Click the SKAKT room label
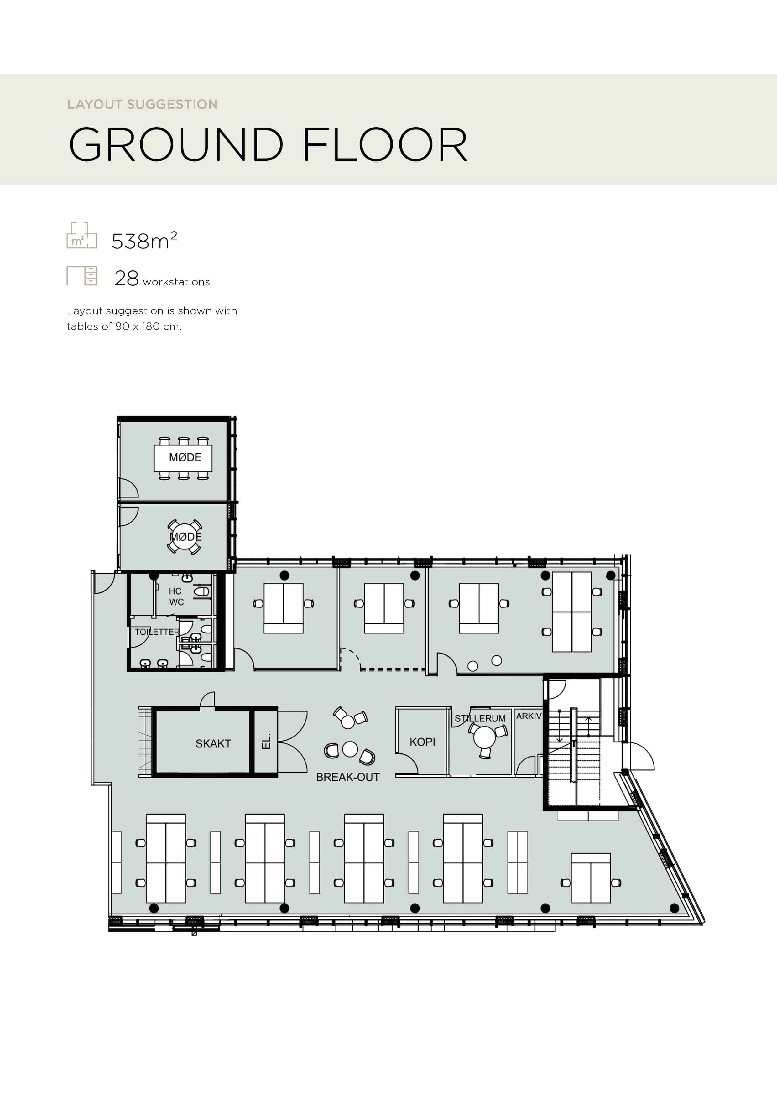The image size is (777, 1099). pyautogui.click(x=213, y=743)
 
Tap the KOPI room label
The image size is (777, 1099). pyautogui.click(x=422, y=742)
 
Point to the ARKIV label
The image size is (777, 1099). pyautogui.click(x=529, y=716)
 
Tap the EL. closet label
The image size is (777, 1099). pyautogui.click(x=266, y=742)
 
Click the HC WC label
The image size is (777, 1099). pyautogui.click(x=176, y=596)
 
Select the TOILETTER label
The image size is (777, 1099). pyautogui.click(x=157, y=632)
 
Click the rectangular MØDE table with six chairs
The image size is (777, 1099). pyautogui.click(x=183, y=458)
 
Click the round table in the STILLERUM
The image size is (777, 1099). pyautogui.click(x=484, y=737)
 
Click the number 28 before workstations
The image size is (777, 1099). pyautogui.click(x=126, y=278)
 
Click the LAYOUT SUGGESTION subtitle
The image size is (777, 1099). pyautogui.click(x=142, y=104)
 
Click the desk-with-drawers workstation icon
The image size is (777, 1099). pyautogui.click(x=82, y=276)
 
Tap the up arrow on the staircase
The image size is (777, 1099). pyautogui.click(x=589, y=727)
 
